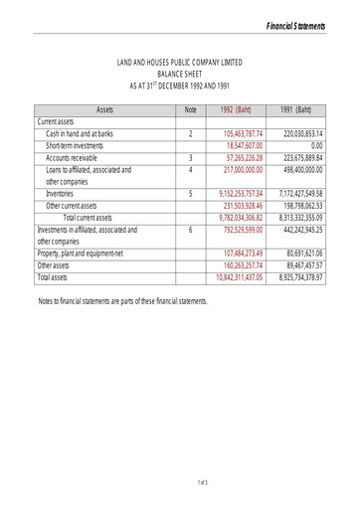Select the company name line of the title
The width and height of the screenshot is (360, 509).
coord(180,63)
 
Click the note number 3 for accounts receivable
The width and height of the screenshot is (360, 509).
coord(190,157)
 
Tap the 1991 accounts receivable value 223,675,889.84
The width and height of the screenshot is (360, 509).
coord(302,157)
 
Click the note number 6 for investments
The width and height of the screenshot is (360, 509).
coord(190,230)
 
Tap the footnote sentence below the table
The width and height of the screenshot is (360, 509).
coord(123,299)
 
